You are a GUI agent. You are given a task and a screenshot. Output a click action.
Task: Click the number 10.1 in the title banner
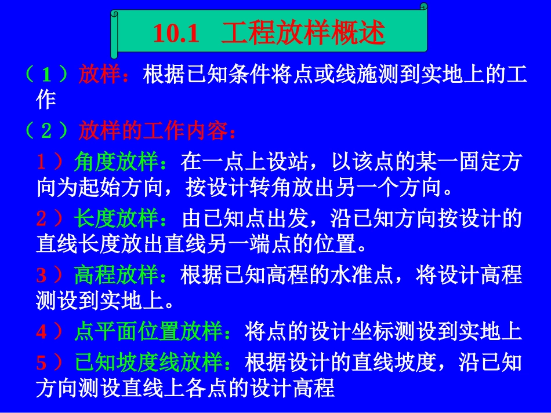176,35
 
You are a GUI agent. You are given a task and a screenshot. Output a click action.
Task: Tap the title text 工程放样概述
303,35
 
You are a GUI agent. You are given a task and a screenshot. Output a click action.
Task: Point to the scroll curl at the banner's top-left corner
114,13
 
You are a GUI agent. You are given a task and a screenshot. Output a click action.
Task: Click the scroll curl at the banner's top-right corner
423,8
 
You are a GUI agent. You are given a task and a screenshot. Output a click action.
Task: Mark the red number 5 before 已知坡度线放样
41,363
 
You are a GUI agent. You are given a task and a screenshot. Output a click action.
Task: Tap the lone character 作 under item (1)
46,101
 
